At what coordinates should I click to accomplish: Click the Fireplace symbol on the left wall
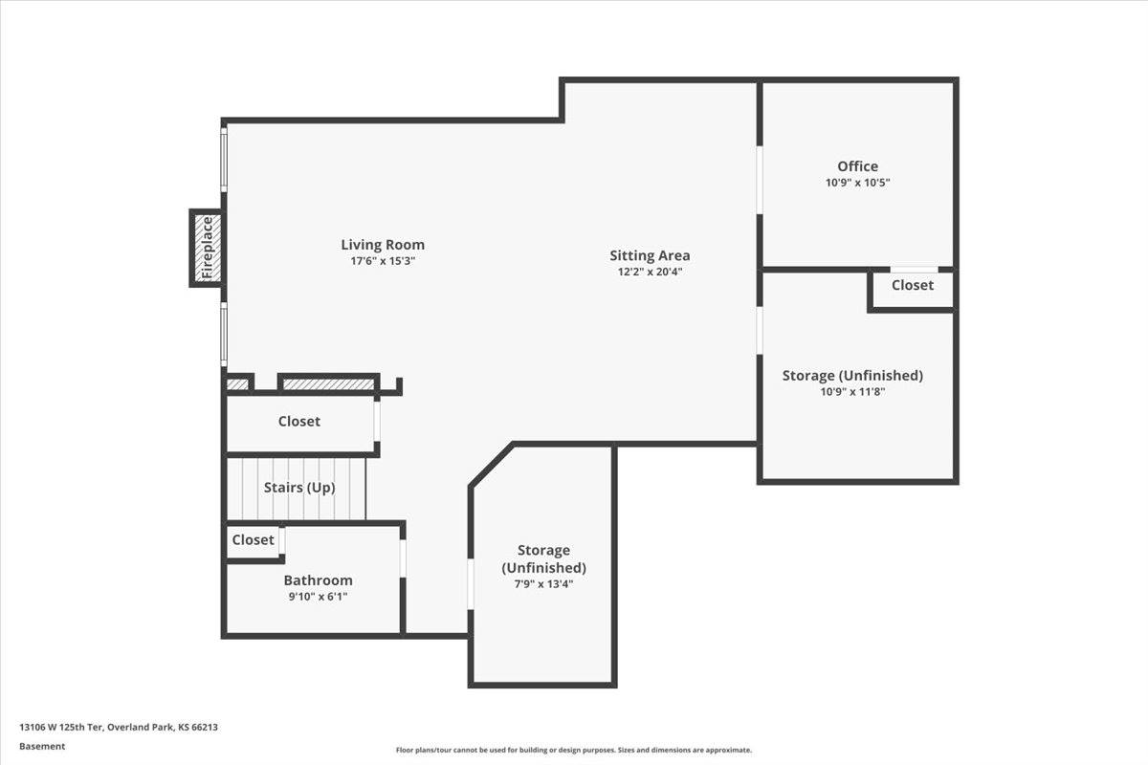[x=207, y=249]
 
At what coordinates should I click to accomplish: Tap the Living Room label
[x=383, y=245]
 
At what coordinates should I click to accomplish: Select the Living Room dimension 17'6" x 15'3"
[x=383, y=261]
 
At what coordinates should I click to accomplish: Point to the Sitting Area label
[x=650, y=255]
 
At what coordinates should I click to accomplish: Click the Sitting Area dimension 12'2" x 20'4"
[x=650, y=272]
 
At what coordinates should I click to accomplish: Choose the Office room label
[x=857, y=166]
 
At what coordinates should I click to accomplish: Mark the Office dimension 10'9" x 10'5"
[x=857, y=183]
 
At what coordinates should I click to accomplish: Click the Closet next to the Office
[x=913, y=286]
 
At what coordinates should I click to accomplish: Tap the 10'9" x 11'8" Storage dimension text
[x=852, y=392]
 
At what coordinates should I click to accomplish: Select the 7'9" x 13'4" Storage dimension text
[x=543, y=584]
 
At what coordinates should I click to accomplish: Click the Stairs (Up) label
[x=299, y=488]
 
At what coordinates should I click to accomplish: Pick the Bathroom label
[x=318, y=580]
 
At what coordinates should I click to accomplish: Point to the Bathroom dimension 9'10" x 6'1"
[x=318, y=597]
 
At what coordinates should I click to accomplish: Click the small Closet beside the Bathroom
[x=253, y=540]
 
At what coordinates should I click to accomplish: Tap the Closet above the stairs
[x=299, y=422]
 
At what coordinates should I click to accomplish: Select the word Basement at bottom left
[x=42, y=747]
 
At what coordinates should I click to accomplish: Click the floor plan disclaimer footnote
[x=574, y=751]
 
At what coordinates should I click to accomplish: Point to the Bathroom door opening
[x=403, y=558]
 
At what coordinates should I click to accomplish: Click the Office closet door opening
[x=914, y=270]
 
